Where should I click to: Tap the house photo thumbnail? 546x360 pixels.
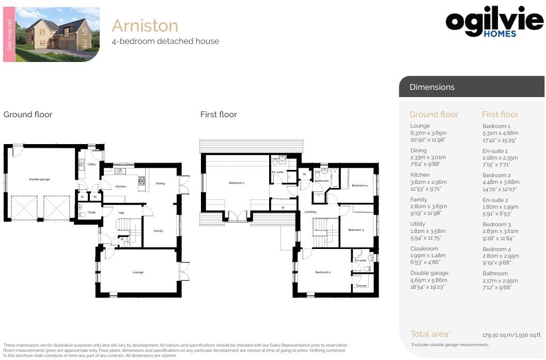[x=57, y=35]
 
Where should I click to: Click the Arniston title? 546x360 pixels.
[x=145, y=25]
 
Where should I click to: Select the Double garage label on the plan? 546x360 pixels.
[x=39, y=179]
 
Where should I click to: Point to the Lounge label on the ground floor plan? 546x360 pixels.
[x=138, y=272]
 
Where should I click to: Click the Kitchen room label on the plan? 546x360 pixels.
[x=121, y=186]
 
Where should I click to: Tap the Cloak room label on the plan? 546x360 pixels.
[x=91, y=212]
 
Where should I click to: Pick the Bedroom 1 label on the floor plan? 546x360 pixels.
[x=237, y=183]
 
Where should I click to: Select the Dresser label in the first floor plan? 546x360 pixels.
[x=361, y=286]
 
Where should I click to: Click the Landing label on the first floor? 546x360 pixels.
[x=310, y=212]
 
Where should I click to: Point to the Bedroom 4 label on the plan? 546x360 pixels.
[x=360, y=185]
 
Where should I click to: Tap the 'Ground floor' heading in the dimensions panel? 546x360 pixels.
[x=433, y=115]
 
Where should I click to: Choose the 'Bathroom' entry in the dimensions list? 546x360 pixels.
[x=495, y=274]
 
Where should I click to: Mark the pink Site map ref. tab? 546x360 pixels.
[x=9, y=35]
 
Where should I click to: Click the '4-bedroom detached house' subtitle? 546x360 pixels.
[x=165, y=41]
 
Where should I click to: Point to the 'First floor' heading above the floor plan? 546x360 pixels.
[x=219, y=115]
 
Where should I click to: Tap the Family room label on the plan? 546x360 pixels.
[x=158, y=231]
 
